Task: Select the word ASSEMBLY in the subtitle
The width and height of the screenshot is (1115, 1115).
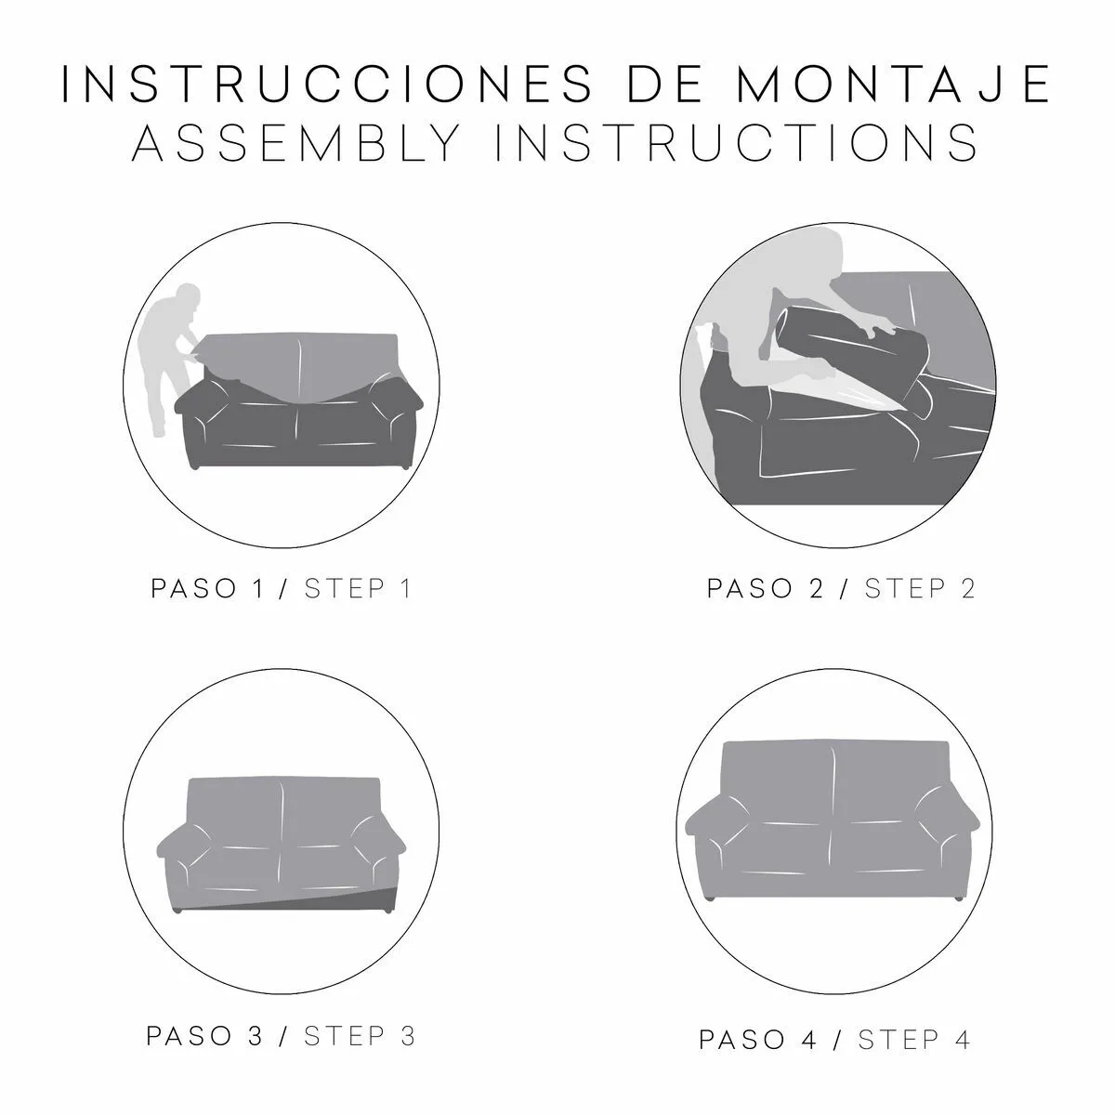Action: tap(296, 142)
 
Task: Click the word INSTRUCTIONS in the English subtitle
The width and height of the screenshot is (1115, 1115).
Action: tap(737, 142)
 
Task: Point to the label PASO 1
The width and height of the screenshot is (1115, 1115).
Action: tap(208, 588)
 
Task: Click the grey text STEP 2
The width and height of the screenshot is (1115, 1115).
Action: tap(920, 588)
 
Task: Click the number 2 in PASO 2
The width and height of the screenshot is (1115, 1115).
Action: tap(817, 588)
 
